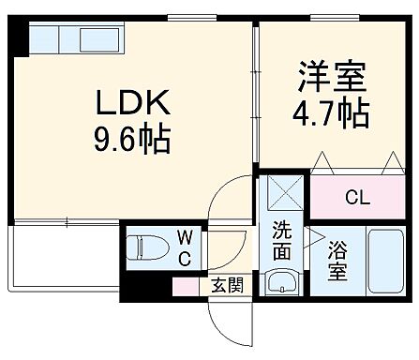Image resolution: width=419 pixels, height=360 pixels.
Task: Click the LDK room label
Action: pyautogui.click(x=130, y=102)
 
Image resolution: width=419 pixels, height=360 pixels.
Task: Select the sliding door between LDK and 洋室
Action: pyautogui.click(x=255, y=103)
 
